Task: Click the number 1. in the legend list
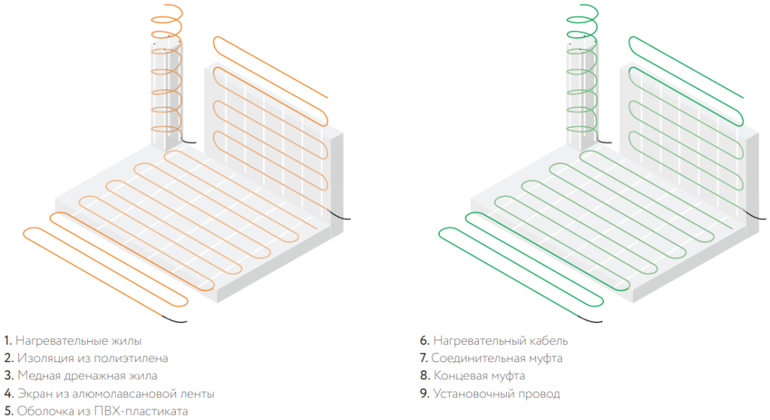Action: pos(8,341)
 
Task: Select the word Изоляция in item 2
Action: pos(40,358)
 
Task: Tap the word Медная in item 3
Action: pos(35,376)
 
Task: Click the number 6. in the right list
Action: pos(424,341)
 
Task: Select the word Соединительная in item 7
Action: pos(472,358)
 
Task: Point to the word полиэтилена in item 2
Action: pos(137,358)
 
